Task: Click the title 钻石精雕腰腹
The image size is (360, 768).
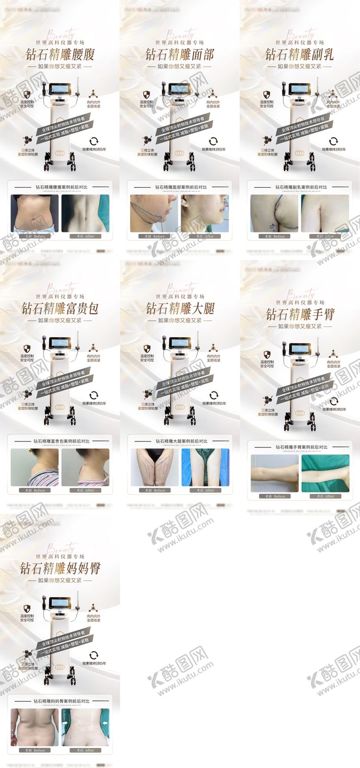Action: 60,55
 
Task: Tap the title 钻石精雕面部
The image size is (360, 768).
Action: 180,55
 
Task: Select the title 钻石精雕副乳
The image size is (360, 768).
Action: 299,55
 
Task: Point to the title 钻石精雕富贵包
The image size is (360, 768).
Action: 60,308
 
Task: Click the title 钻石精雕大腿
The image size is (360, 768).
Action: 180,308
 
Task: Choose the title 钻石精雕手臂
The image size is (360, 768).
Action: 300,315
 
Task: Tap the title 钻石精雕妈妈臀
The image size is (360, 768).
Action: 60,568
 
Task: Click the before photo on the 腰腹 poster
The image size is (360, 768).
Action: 35,213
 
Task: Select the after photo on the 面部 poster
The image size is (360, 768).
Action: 205,213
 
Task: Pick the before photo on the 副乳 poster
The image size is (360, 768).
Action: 274,213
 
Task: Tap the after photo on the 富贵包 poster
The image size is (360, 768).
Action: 85,467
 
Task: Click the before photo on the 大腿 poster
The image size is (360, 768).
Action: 154,467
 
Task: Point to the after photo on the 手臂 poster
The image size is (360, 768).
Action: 325,473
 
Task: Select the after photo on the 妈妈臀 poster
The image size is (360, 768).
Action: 85,727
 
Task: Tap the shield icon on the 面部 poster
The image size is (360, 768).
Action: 146,94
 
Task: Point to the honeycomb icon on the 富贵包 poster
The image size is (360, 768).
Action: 28,394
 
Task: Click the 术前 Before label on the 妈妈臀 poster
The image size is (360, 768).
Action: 35,750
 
